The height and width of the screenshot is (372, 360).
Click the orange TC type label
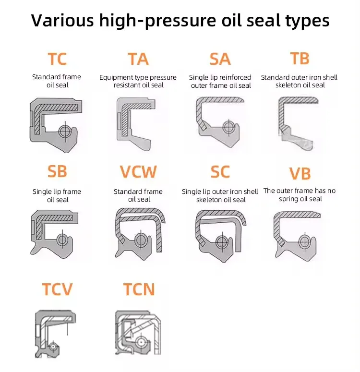pyautogui.click(x=57, y=59)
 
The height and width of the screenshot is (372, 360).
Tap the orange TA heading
pyautogui.click(x=138, y=59)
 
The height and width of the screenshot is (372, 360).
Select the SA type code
pyautogui.click(x=220, y=59)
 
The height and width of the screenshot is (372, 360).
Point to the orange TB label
pyautogui.click(x=300, y=59)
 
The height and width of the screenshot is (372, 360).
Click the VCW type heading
pyautogui.click(x=138, y=171)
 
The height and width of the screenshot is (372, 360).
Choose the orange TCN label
pyautogui.click(x=139, y=289)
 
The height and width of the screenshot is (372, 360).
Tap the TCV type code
pyautogui.click(x=57, y=289)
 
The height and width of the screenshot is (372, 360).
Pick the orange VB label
pyautogui.click(x=300, y=174)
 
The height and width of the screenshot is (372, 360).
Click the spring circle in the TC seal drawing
pyautogui.click(x=65, y=132)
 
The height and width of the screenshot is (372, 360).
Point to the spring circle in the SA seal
pyautogui.click(x=228, y=127)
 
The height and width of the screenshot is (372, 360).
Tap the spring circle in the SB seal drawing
pyautogui.click(x=62, y=240)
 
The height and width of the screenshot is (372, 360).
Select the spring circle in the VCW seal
pyautogui.click(x=141, y=240)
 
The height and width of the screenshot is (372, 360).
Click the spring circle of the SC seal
pyautogui.click(x=222, y=242)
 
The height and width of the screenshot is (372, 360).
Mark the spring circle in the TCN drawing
pyautogui.click(x=141, y=342)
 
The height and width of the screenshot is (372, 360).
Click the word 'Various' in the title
pyautogui.click(x=62, y=21)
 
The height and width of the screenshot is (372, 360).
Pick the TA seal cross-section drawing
pyautogui.click(x=136, y=124)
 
